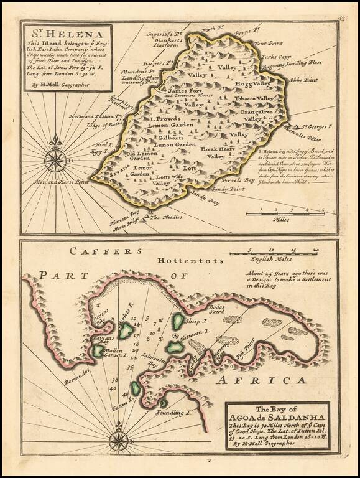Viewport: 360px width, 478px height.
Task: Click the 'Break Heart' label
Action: [216, 149]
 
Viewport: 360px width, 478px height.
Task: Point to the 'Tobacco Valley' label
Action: [253, 98]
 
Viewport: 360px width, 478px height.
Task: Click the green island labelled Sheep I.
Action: [178, 321]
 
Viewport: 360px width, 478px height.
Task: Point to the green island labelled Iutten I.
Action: [135, 388]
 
